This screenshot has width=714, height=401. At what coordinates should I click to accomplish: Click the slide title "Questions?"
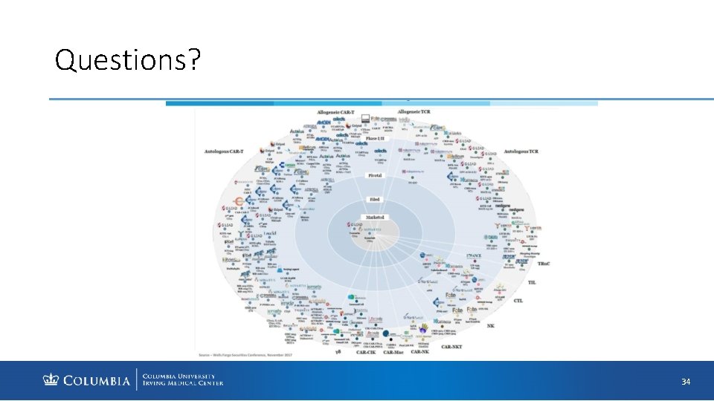coord(127,60)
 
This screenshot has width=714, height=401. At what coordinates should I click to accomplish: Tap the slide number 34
coord(686,382)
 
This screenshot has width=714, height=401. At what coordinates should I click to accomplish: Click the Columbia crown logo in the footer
coord(51,381)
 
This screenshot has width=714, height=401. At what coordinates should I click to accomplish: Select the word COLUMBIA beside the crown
coord(96,382)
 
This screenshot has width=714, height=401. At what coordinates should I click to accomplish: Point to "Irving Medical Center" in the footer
coord(182,384)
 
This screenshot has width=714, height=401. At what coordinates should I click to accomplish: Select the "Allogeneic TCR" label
coord(414,111)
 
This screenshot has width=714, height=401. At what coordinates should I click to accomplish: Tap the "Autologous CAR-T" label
coord(224,152)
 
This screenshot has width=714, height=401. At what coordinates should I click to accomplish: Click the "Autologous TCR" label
coord(526,151)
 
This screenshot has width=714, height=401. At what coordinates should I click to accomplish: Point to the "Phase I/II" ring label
coord(376,139)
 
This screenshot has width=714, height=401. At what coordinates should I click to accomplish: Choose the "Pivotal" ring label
coord(375,175)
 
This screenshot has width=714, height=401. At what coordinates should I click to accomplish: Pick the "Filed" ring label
coord(375,199)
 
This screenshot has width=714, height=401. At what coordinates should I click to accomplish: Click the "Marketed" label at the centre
coord(374,218)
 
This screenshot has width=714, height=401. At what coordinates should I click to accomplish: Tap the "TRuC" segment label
coord(544,264)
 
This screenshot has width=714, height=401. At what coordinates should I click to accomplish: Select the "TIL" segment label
coord(532,282)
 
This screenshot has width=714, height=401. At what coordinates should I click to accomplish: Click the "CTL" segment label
coord(518,301)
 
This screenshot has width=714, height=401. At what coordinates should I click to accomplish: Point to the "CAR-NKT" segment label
coord(457,347)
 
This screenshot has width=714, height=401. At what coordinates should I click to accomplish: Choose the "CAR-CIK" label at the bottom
coord(365,352)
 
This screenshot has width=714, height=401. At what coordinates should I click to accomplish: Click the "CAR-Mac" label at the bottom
coord(393,352)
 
